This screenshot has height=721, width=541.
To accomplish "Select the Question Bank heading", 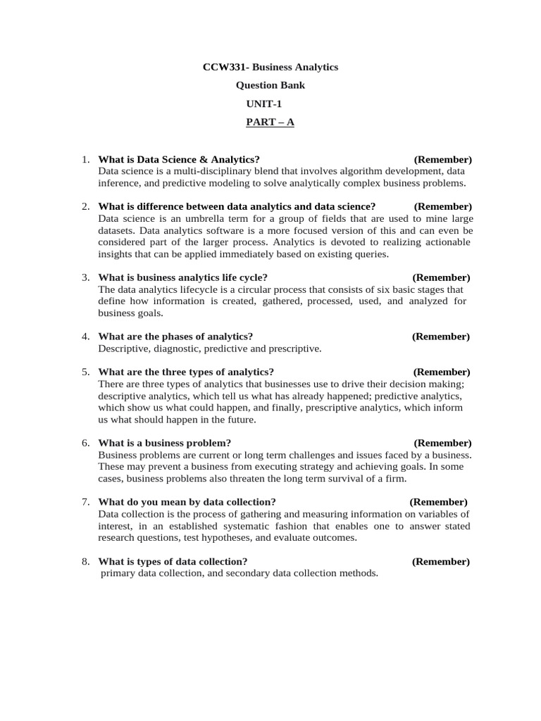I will [270, 85].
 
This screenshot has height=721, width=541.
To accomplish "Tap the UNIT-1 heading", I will [263, 104].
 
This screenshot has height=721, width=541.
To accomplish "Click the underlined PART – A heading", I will [270, 122].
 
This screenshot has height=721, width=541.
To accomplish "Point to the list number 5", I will [85, 372].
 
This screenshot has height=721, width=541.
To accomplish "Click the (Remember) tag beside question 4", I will [440, 337].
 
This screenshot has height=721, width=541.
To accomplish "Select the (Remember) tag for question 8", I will [440, 561].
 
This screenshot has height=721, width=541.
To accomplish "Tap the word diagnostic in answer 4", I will [176, 349].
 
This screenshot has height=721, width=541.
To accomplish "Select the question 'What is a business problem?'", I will [165, 443].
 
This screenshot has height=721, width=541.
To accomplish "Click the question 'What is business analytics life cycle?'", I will [182, 277].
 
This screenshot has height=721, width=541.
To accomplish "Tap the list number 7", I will [85, 502].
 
